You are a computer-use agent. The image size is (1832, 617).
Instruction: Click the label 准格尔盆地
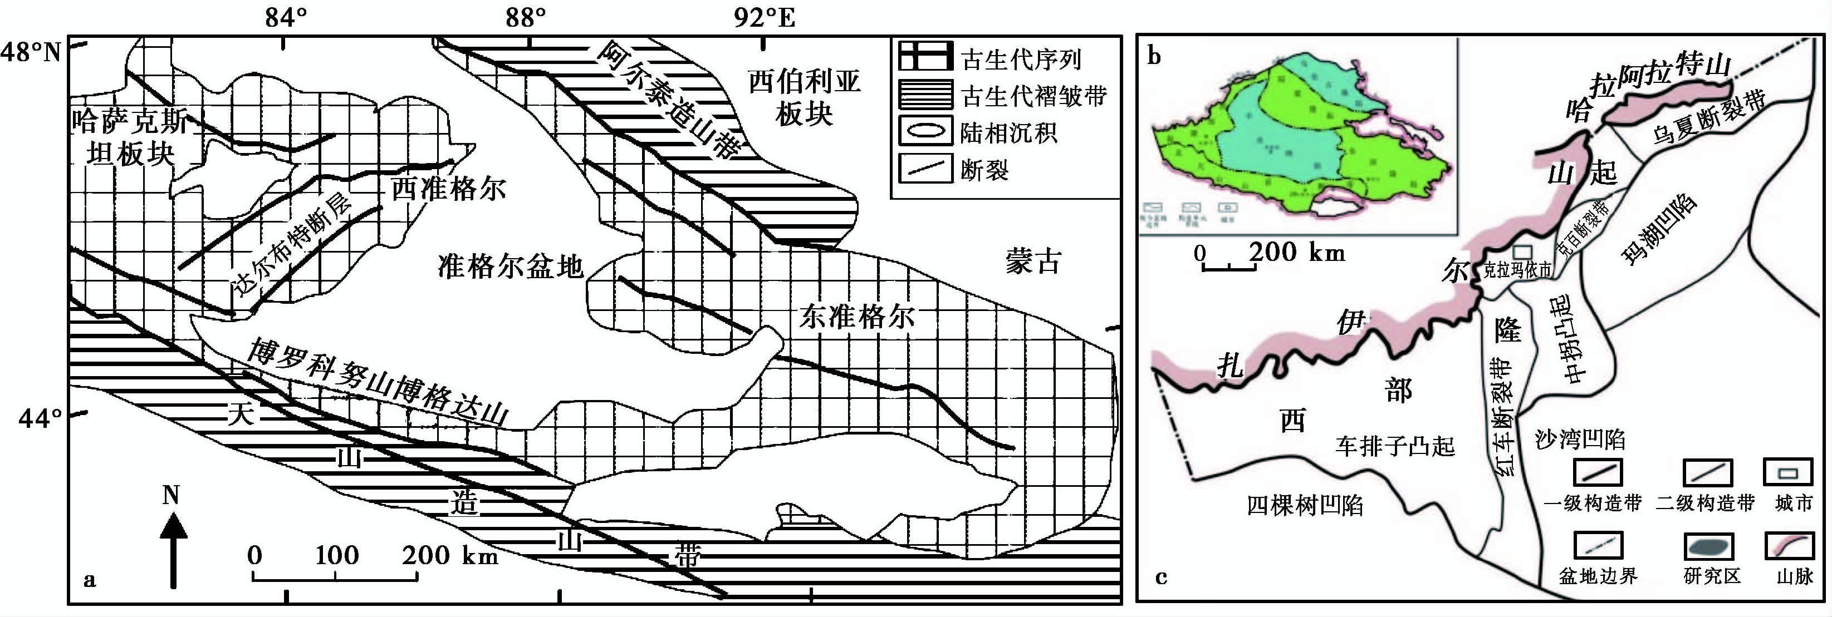pyautogui.click(x=511, y=267)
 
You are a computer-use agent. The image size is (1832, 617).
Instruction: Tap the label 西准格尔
pyautogui.click(x=449, y=189)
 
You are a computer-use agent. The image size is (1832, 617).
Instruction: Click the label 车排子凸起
pyautogui.click(x=1395, y=446)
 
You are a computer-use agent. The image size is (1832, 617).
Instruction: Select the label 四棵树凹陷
pyautogui.click(x=1305, y=505)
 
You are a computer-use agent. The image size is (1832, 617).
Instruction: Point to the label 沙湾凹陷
pyautogui.click(x=1581, y=440)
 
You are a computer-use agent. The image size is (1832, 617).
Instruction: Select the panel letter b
pyautogui.click(x=1154, y=56)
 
